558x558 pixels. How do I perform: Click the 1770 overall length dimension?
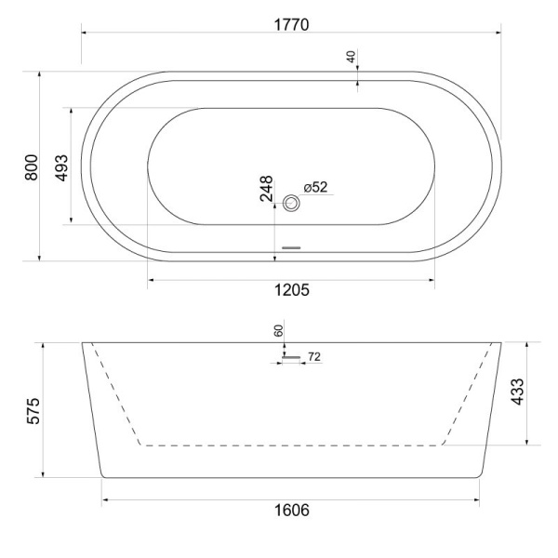click(x=290, y=22)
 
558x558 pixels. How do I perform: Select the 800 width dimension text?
click(x=31, y=166)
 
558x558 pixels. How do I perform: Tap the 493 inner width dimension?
click(x=60, y=166)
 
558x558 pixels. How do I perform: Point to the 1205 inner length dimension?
click(x=291, y=290)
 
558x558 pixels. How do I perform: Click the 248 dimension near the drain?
click(x=266, y=189)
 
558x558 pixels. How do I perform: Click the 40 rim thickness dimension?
click(x=352, y=57)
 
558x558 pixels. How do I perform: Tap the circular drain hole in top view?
click(x=292, y=202)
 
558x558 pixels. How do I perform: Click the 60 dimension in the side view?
click(x=277, y=330)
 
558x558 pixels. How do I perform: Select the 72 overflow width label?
click(x=313, y=356)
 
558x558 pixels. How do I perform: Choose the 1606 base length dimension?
click(x=291, y=511)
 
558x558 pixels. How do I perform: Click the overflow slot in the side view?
click(x=292, y=357)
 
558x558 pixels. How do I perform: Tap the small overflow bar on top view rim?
click(x=292, y=247)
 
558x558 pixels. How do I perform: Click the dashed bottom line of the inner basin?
click(x=291, y=445)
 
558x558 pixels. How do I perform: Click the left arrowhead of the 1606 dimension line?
click(x=105, y=499)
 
